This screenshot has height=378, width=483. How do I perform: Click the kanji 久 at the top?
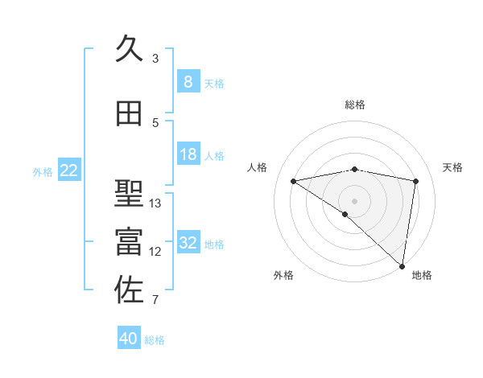click(129, 50)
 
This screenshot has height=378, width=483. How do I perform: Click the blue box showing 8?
click(188, 81)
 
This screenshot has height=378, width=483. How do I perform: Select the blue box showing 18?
click(188, 154)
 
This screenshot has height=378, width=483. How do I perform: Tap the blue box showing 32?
click(188, 243)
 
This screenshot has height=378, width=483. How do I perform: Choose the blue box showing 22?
click(69, 171)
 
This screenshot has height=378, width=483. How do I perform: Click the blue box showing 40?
click(129, 339)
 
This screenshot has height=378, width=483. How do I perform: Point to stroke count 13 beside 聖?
click(155, 203)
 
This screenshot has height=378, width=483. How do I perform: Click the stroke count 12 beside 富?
click(155, 251)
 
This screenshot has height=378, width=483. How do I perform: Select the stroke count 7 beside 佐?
click(155, 300)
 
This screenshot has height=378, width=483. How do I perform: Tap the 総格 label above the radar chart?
click(355, 105)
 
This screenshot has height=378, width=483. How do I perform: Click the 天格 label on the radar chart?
click(452, 167)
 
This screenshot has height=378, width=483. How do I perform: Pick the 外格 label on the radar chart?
click(283, 276)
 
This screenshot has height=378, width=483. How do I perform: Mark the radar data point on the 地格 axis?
click(402, 265)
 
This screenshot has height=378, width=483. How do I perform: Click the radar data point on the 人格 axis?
click(294, 181)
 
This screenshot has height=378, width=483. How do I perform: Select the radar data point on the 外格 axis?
click(345, 214)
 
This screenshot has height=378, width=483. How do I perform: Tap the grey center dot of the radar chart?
click(355, 200)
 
